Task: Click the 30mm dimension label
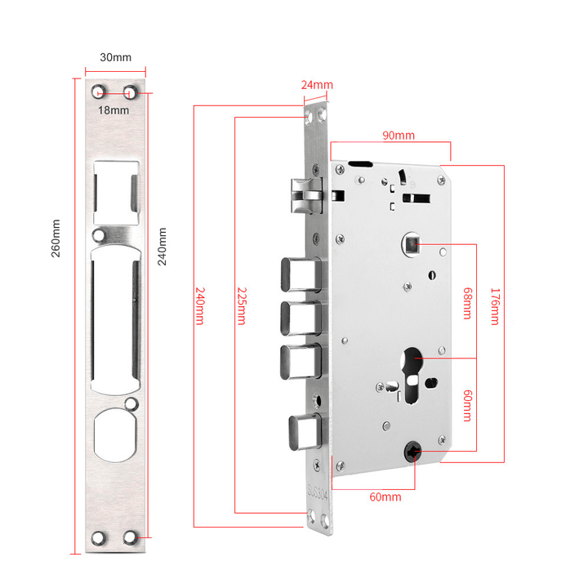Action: [x=115, y=58]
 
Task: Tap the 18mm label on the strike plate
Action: [x=114, y=110]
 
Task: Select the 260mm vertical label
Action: [x=56, y=238]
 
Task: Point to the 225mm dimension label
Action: [x=241, y=305]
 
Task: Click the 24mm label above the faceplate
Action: [x=317, y=86]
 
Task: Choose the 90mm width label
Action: [x=399, y=135]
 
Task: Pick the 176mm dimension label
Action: [x=494, y=305]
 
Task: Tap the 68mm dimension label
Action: [x=466, y=303]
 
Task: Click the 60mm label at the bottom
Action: [x=385, y=497]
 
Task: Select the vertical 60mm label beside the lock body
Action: [x=466, y=405]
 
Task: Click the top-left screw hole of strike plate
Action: [x=99, y=90]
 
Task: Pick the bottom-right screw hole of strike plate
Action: [x=130, y=538]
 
